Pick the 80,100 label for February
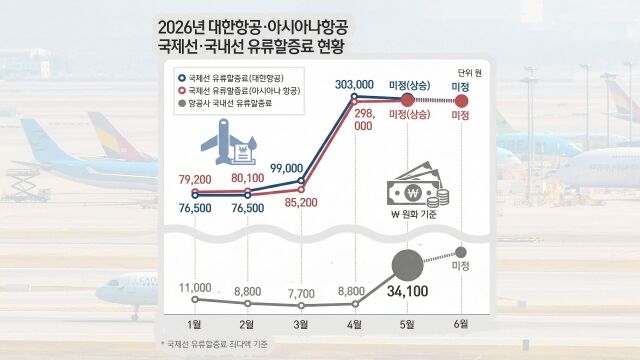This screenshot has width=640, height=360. [247, 178]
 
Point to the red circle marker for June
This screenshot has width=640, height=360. [461, 100]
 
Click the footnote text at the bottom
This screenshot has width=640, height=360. [216, 345]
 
